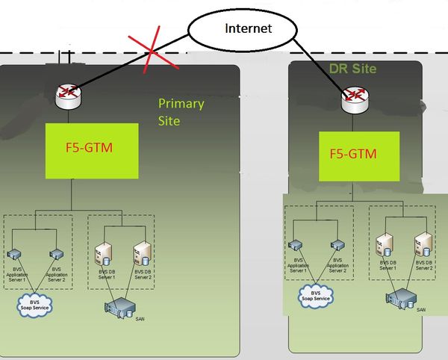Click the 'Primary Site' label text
(x=180, y=112)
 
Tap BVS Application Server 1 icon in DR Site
(x=297, y=244)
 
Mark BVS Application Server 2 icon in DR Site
(x=337, y=244)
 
